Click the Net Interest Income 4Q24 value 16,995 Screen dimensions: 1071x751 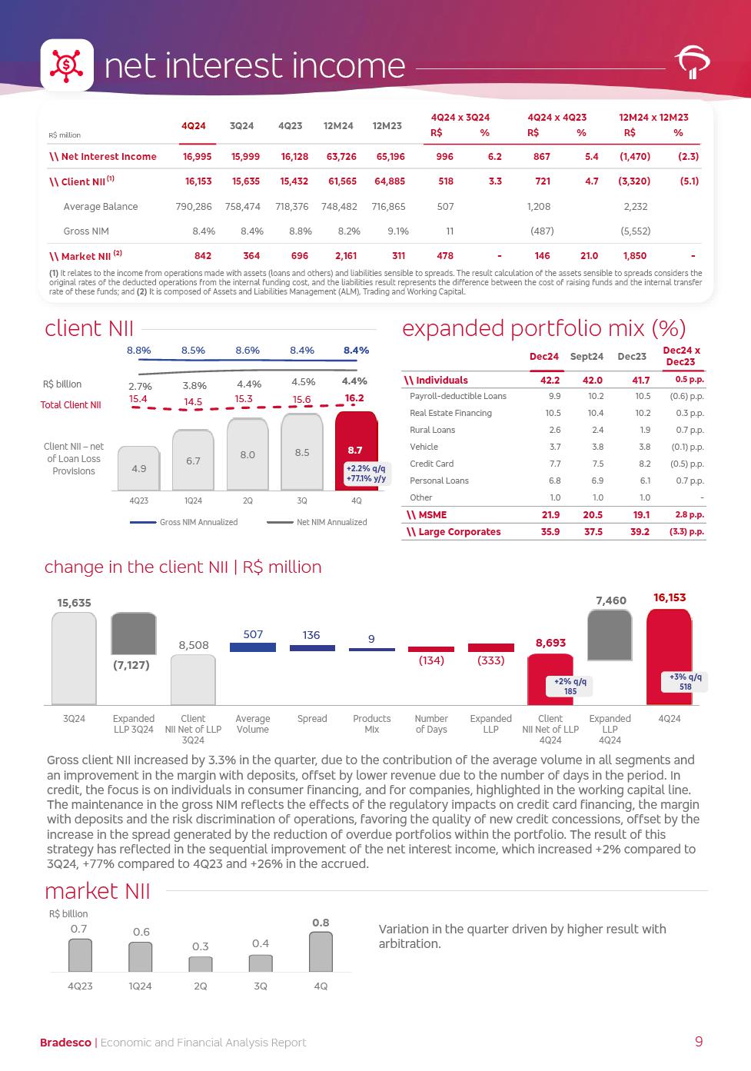tap(198, 157)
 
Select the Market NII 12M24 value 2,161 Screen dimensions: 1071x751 tap(338, 256)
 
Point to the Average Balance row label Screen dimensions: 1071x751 tap(101, 207)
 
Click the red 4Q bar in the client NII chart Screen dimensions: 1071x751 tap(356, 450)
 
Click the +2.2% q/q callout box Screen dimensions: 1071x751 tap(366, 474)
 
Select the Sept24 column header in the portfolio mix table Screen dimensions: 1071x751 tap(587, 357)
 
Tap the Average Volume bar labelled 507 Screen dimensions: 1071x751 tap(253, 647)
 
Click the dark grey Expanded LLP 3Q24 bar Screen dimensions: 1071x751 tap(134, 634)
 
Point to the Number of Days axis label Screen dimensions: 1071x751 tap(431, 724)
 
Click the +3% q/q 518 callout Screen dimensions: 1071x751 tap(685, 682)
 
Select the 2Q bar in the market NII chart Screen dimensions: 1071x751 tap(201, 964)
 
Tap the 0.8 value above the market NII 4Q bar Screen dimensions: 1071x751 tap(321, 923)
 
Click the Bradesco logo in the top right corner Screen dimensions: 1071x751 tap(692, 64)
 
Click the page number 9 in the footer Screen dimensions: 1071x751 tap(698, 1042)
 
